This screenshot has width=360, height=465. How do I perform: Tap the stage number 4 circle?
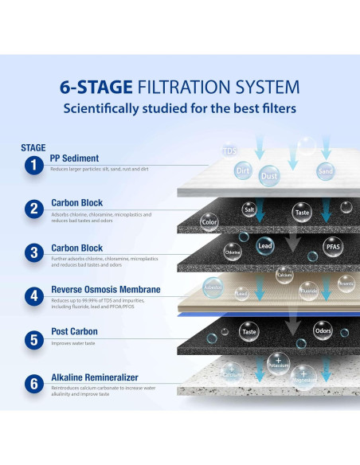[x=33, y=296]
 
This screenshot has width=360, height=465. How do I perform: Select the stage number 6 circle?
[x=33, y=384]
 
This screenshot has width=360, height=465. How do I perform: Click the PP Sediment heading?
[x=75, y=158]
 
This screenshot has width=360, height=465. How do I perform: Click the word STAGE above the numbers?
[x=33, y=147]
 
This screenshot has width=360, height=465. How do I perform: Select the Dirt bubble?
[x=243, y=170]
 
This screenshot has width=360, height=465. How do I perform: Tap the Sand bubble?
[x=325, y=171]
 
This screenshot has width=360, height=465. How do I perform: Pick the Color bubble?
[x=209, y=222]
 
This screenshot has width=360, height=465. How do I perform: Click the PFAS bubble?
[x=332, y=247]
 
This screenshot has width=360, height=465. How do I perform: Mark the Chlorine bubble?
[x=233, y=253]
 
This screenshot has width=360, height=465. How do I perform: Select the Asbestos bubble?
[x=213, y=285]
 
